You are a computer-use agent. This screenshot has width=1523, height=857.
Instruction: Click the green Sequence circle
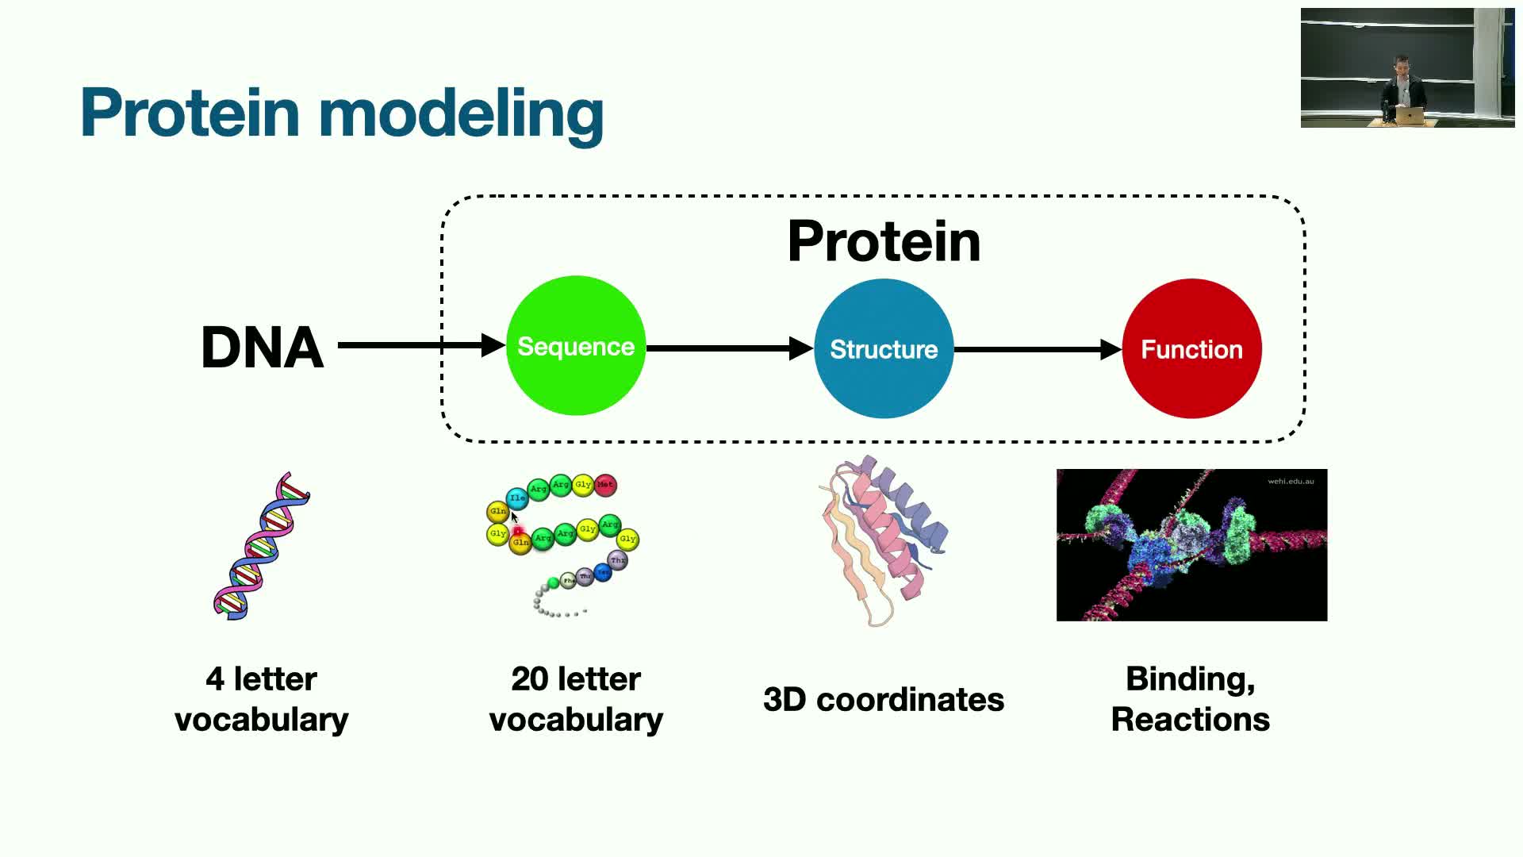coord(576,346)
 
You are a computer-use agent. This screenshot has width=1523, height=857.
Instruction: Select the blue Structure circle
coord(884,349)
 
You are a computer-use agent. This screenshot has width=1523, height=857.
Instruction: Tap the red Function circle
coord(1191,349)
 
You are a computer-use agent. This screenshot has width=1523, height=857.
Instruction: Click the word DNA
coord(262,348)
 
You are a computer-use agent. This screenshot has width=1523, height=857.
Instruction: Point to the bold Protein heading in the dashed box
coord(884,241)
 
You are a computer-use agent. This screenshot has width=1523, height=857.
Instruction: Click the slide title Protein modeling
coord(342,113)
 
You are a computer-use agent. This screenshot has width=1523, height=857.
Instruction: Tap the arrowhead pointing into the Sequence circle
coord(493,345)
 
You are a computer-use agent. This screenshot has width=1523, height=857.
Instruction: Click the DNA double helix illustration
coord(262,546)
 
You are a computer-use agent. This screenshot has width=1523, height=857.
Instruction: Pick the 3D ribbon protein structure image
coord(884,540)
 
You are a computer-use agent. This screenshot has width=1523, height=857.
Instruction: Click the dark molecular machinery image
coord(1191,544)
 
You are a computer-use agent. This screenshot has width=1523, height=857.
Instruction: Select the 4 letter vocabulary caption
coord(262,699)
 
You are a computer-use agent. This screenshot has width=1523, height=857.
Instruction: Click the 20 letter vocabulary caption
coord(576,699)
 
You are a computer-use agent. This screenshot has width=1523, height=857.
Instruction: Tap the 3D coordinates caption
coord(884,699)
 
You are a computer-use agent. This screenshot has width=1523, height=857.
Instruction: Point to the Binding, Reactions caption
coord(1190,699)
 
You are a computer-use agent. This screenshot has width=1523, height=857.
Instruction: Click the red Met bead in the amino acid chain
coord(605,484)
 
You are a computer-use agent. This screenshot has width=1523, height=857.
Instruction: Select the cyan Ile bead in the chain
coord(516,498)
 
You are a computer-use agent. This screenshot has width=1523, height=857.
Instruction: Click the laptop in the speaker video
coord(1410,116)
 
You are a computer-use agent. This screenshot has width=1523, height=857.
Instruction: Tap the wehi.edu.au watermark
coord(1291,481)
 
